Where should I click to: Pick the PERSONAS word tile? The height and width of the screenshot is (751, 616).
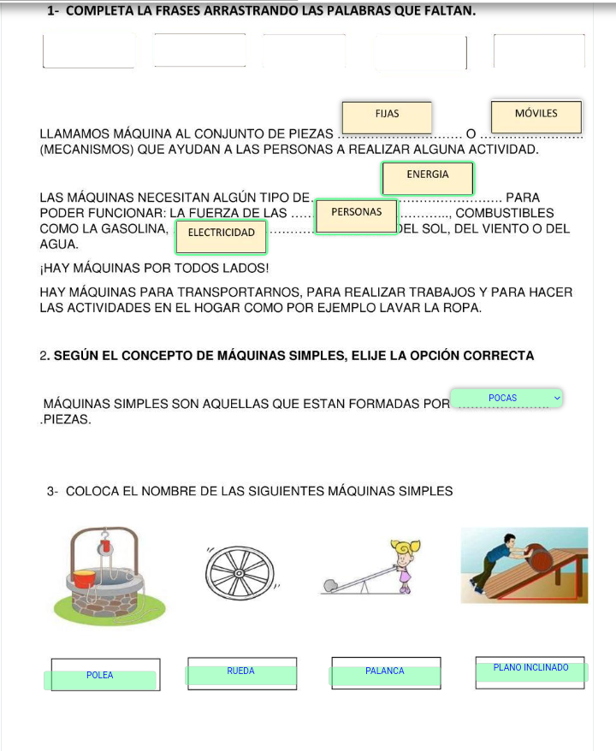tap(356, 214)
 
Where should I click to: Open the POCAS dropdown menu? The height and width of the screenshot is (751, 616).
tap(506, 398)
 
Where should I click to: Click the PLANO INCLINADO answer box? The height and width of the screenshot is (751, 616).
tap(530, 670)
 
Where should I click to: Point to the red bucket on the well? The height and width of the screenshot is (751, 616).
tap(85, 579)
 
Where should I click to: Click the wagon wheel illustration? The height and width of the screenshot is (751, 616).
tap(241, 570)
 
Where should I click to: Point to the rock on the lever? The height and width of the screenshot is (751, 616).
tap(330, 586)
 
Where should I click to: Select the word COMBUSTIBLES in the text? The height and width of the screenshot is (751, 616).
tap(505, 213)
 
